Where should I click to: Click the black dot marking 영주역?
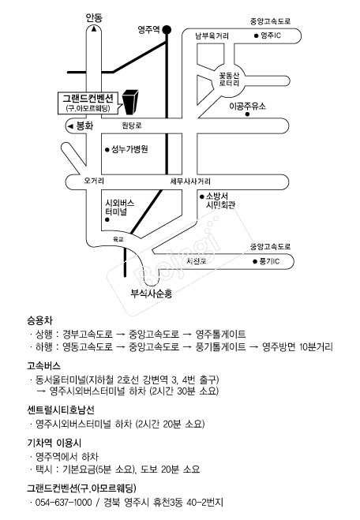pyautogui.click(x=167, y=30)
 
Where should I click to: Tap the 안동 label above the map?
pyautogui.click(x=94, y=17)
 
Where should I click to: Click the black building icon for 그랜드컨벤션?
pyautogui.click(x=130, y=102)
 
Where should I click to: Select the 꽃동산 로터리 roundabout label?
pyautogui.click(x=229, y=80)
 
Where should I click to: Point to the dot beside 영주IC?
pyautogui.click(x=256, y=36)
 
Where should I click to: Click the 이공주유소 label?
pyautogui.click(x=248, y=107)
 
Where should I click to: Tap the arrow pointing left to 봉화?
pyautogui.click(x=70, y=126)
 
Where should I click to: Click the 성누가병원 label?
pyautogui.click(x=129, y=149)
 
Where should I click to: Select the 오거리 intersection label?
pyautogui.click(x=94, y=181)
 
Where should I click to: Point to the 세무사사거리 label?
pyautogui.click(x=190, y=181)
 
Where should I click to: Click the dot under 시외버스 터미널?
pyautogui.click(x=107, y=219)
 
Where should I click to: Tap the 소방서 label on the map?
pyautogui.click(x=217, y=196)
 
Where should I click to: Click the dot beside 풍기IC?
pyautogui.click(x=255, y=262)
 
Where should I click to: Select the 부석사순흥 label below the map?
pyautogui.click(x=152, y=294)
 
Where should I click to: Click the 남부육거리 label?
pyautogui.click(x=212, y=36)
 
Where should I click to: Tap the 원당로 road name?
pyautogui.click(x=132, y=125)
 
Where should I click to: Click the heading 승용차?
pyautogui.click(x=39, y=320)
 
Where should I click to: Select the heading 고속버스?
pyautogui.click(x=43, y=365)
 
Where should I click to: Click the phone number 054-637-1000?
pyautogui.click(x=63, y=502)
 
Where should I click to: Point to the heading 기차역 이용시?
pyautogui.click(x=54, y=443)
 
